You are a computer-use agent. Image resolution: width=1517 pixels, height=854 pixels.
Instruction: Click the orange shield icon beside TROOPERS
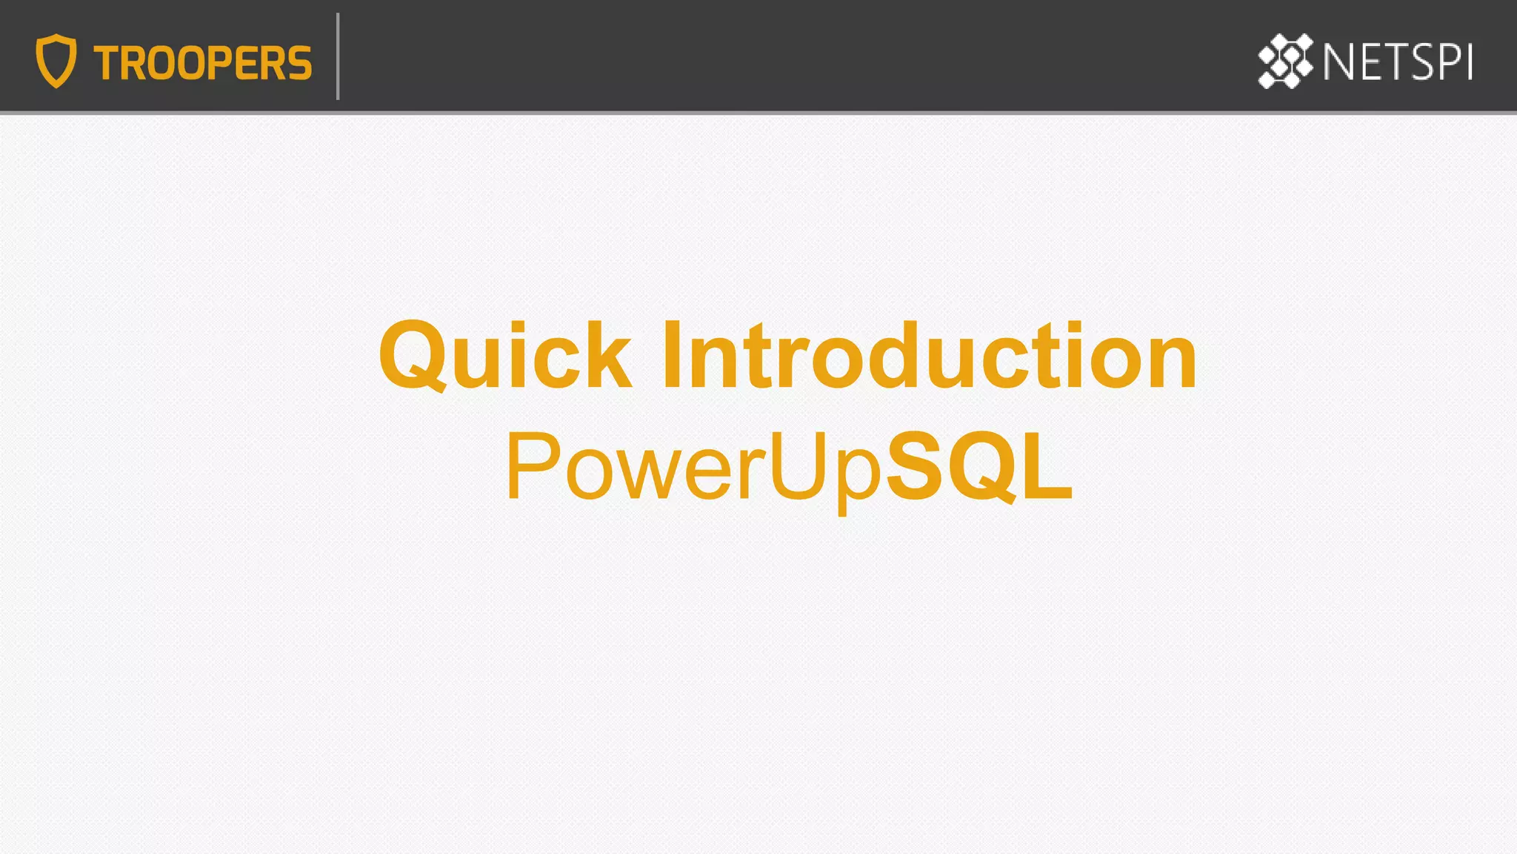56,61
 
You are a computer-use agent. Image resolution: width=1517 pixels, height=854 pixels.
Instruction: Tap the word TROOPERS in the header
202,63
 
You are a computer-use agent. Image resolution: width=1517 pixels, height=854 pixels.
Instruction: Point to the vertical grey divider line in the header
338,56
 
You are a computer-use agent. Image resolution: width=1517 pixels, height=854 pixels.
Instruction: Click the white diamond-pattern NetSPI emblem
1285,61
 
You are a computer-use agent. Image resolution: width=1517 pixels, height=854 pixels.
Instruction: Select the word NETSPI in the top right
1398,62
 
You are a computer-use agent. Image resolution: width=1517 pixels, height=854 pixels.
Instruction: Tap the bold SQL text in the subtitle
979,466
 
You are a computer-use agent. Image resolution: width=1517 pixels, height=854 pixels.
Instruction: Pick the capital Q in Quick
412,356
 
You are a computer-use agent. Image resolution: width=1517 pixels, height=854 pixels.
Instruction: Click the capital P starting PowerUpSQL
533,466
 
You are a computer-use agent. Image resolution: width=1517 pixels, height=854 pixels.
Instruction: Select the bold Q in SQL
981,468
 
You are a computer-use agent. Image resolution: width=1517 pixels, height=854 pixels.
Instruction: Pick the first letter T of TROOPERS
108,63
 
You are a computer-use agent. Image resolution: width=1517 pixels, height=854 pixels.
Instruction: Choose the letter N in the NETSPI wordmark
1339,62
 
